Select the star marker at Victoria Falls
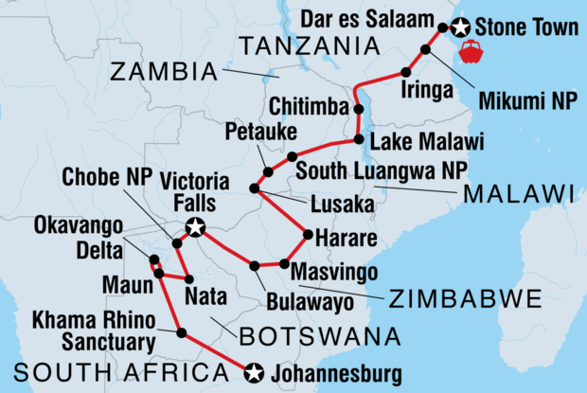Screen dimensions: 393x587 pos(195,226)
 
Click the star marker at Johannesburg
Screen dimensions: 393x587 pos(253,372)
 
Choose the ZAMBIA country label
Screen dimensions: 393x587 pos(163,71)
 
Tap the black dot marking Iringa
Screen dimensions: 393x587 pos(405,73)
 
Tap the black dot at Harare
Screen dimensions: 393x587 pos(306,234)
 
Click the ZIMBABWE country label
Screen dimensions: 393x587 pos(464,300)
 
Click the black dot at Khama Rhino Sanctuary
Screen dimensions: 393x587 pos(181,332)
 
